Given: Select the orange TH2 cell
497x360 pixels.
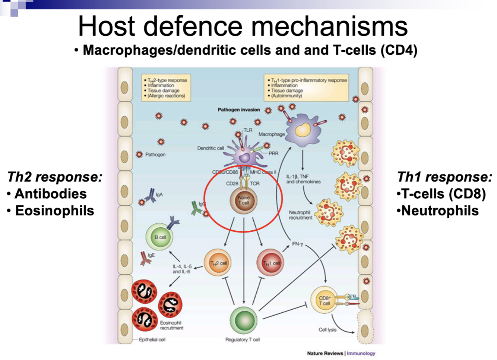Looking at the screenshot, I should tap(218, 263).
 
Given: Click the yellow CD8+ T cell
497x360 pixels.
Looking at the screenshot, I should tap(324, 300).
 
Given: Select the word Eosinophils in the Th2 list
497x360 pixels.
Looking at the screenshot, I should tap(54, 211).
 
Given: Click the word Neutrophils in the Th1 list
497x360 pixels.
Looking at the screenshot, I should tap(440, 211).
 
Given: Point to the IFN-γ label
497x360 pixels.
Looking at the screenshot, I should tap(297, 244).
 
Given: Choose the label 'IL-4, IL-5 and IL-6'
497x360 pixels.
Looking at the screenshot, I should tap(182, 269).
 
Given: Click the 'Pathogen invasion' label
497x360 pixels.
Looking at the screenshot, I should tap(239, 110).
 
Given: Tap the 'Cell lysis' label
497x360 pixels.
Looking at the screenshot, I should tap(327, 329).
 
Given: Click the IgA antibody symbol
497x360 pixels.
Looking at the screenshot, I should tap(151, 195).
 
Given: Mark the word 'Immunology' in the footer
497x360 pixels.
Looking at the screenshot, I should tap(361, 353).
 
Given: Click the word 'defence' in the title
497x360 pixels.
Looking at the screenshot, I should tap(193, 26).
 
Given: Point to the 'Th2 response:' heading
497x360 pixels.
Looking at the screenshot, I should tap(55, 177).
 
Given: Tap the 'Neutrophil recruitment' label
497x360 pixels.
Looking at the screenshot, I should tap(300, 215).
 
